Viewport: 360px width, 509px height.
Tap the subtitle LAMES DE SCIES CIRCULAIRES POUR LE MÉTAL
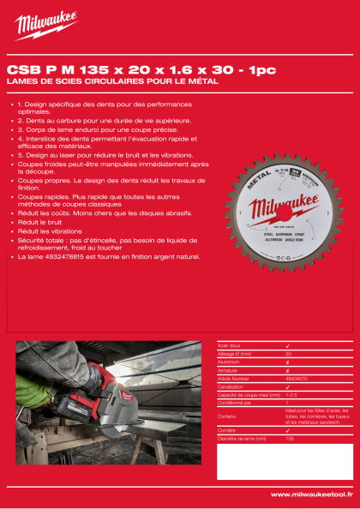[x=112, y=81]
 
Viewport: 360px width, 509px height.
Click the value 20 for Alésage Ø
[x=288, y=352]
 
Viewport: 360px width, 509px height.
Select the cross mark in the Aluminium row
[x=287, y=361]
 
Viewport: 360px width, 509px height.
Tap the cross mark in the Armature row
[x=287, y=369]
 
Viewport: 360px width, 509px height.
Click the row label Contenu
[x=227, y=416]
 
